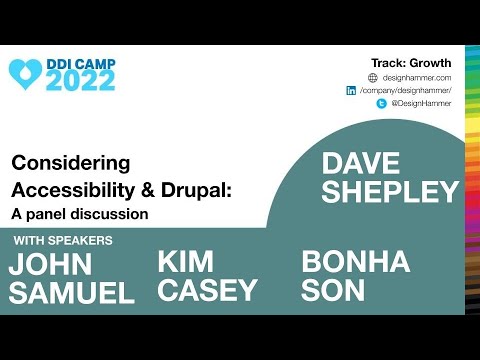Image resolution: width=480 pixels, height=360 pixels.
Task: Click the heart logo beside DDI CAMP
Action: click(26, 71)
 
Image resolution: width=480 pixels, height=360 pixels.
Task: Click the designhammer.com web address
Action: click(417, 77)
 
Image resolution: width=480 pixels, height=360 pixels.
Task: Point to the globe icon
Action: click(373, 77)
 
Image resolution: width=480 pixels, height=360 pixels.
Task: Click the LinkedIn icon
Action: click(351, 90)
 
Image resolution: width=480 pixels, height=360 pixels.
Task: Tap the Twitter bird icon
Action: click(382, 103)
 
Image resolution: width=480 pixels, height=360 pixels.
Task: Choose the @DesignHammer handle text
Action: click(421, 103)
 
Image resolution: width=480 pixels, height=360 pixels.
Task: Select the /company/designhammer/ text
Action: click(406, 90)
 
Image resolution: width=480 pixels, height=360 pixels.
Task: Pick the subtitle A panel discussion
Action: click(79, 212)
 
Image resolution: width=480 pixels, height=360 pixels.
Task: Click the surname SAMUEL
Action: click(70, 293)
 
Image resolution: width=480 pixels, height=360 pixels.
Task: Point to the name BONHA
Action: click(355, 263)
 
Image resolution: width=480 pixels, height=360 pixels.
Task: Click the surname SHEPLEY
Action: click(390, 191)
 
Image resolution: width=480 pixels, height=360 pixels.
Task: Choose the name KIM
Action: click(186, 262)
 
